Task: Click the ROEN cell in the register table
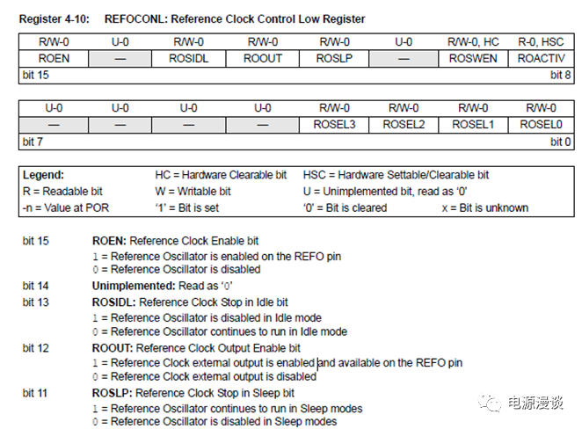(54, 58)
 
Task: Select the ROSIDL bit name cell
(192, 58)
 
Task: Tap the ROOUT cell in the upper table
(261, 58)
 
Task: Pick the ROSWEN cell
(472, 58)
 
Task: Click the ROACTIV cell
(539, 58)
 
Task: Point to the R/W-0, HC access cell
(472, 41)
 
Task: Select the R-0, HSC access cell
(539, 41)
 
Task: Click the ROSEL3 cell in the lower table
(333, 125)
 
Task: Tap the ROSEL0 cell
(539, 125)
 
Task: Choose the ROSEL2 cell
(404, 125)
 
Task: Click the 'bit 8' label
(555, 75)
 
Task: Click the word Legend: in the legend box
(43, 175)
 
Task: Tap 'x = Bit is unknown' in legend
(484, 207)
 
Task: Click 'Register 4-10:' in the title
(53, 18)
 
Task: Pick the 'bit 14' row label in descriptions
(36, 286)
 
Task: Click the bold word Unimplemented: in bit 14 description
(132, 286)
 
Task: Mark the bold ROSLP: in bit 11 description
(112, 393)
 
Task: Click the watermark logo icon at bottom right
(489, 403)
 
